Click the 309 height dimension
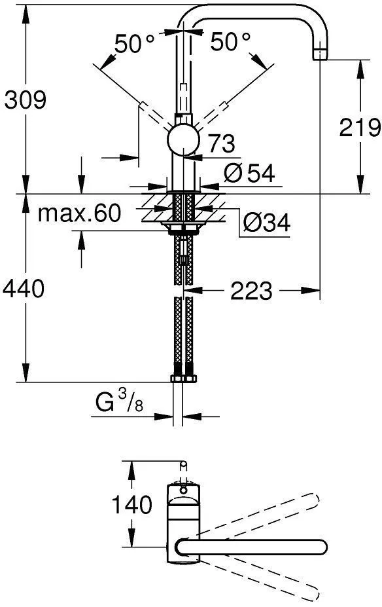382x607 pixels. click(25, 100)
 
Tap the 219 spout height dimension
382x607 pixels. click(360, 127)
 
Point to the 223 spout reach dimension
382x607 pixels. click(251, 291)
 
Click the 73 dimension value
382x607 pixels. click(221, 143)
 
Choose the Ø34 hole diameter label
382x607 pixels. click(267, 223)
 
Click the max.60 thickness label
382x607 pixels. click(79, 213)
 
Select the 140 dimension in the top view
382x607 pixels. click(132, 505)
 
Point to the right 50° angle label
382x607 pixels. click(230, 41)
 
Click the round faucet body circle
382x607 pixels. click(183, 139)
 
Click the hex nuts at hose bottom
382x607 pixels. click(183, 378)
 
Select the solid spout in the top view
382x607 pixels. click(251, 547)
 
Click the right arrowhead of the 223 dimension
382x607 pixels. click(311, 290)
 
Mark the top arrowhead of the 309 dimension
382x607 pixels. click(26, 14)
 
